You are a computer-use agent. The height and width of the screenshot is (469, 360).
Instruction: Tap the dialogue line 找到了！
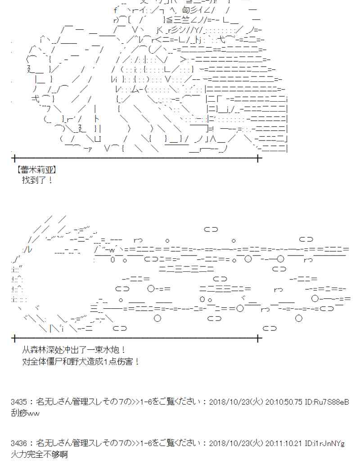tap(37, 180)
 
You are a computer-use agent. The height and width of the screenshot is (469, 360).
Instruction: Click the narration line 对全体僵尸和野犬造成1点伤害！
tap(81, 361)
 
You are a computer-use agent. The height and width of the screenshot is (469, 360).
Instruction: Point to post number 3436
tap(20, 443)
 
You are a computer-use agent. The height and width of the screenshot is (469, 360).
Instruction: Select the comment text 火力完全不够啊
tap(39, 455)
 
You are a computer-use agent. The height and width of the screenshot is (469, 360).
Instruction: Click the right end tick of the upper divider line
tap(258, 158)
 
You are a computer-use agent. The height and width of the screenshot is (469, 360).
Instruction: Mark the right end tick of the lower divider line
tap(258, 338)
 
